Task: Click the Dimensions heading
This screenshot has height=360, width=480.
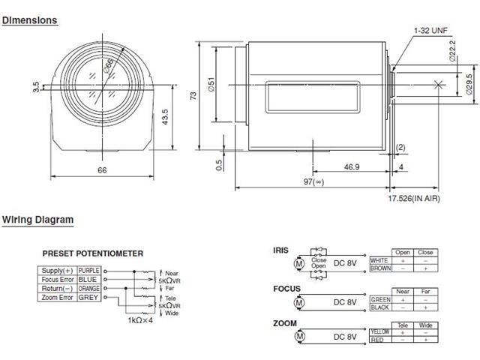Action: (x=30, y=21)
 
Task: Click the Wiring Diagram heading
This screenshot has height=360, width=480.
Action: (x=37, y=220)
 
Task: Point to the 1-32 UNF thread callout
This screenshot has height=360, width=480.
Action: (x=430, y=31)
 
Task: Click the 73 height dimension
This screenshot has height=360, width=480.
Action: (x=193, y=94)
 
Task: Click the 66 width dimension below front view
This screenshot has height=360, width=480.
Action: (x=102, y=170)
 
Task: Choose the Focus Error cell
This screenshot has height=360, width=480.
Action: (x=56, y=278)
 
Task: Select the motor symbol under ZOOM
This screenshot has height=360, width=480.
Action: (x=299, y=336)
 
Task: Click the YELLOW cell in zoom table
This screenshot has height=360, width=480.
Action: (x=380, y=331)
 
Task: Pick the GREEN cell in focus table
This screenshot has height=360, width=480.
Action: (x=380, y=298)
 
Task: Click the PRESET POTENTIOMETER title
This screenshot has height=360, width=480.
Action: (x=92, y=253)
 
